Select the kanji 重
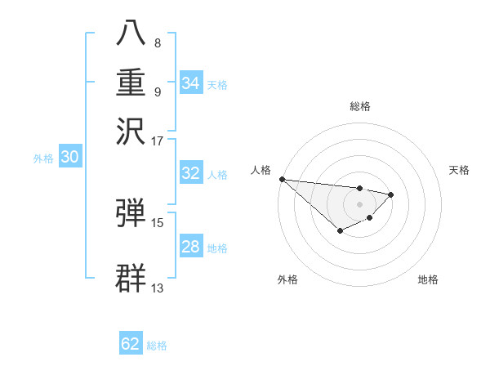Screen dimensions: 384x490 131,83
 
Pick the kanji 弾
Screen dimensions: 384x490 131,210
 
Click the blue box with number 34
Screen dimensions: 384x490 191,83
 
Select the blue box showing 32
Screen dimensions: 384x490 191,173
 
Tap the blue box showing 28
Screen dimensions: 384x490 191,247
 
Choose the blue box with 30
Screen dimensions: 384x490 70,159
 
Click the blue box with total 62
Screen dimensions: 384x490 131,344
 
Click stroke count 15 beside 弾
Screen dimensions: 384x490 158,222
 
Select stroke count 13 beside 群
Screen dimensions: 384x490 158,288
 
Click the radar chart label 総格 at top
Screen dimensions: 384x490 359,106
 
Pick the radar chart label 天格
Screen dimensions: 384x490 459,170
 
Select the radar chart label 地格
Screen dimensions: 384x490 428,279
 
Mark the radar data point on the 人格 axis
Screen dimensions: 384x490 282,179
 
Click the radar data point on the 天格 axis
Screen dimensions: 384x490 391,194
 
